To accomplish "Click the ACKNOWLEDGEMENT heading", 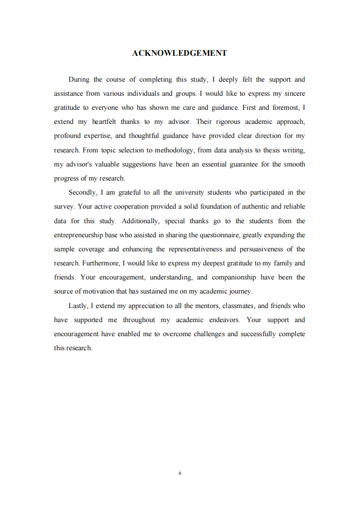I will coord(179,53).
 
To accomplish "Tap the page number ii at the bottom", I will coord(180,473).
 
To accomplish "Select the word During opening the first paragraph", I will coord(79,79).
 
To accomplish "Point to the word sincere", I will coord(294,93).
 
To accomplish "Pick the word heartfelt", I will coord(104,122).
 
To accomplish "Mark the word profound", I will coord(67,136).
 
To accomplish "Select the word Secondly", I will coord(82,192).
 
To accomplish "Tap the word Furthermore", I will coord(101,263).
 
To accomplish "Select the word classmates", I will coord(239,306).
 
